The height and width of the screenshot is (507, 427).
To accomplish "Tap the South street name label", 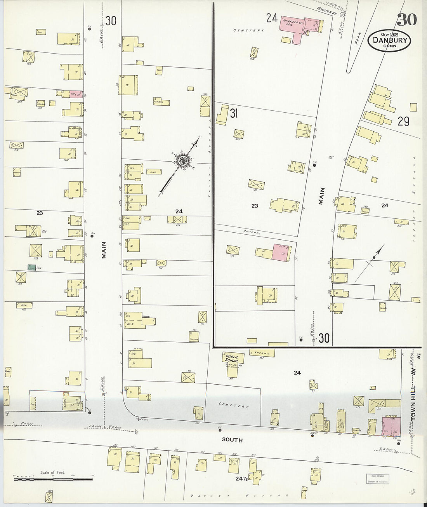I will point(232,440).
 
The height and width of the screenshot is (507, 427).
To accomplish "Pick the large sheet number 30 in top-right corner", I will point(406,19).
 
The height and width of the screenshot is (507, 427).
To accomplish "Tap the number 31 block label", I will point(234,113).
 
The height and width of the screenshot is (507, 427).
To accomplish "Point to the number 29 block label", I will point(403,122).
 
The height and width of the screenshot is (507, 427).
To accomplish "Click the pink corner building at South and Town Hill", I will point(391,426).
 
